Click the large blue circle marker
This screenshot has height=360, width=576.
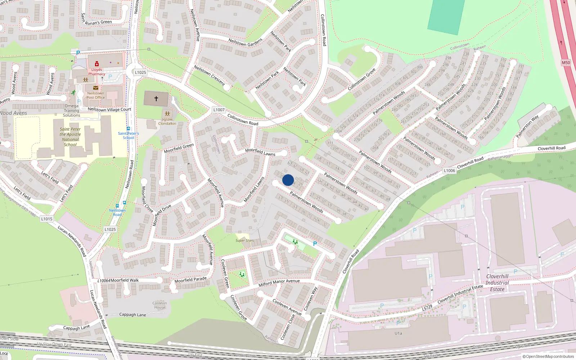click(x=288, y=180)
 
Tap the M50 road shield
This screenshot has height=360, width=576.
click(x=566, y=63)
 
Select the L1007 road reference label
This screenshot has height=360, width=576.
click(x=219, y=110)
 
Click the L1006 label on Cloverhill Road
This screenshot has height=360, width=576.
click(x=449, y=171)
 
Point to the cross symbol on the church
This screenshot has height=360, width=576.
click(x=156, y=99)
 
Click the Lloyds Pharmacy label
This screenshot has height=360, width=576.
click(x=96, y=72)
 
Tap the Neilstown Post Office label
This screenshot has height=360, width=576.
click(x=95, y=95)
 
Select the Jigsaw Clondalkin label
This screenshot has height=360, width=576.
click(x=167, y=121)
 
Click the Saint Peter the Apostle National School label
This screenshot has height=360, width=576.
click(x=70, y=137)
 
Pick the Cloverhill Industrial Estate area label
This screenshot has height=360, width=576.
click(x=497, y=283)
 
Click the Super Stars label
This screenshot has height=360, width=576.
click(x=244, y=240)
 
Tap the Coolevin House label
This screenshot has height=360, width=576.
click(x=159, y=305)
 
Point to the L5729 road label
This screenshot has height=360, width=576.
click(x=427, y=308)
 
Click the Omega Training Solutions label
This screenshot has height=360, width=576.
click(x=71, y=111)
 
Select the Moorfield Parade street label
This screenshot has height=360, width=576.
click(x=190, y=280)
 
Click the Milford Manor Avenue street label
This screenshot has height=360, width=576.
click(x=279, y=283)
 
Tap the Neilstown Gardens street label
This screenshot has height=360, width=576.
click(x=245, y=42)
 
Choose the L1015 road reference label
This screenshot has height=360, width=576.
click(x=47, y=219)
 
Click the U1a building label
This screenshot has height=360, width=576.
click(x=398, y=333)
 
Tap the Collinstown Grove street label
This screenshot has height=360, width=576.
click(x=361, y=79)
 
